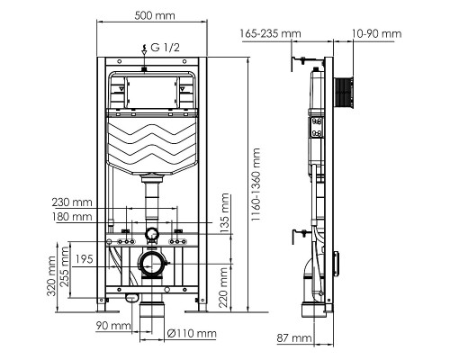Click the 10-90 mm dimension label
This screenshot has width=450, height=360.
[377, 33]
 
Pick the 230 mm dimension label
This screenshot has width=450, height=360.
[73, 202]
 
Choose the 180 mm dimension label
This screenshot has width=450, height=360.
[73, 217]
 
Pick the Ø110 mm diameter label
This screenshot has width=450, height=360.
[193, 333]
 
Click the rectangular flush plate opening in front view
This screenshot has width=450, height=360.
[152, 90]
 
